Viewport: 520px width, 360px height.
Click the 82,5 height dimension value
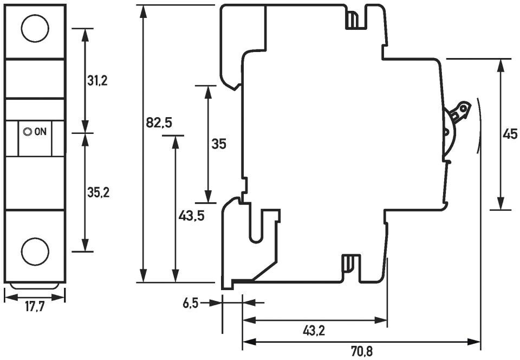pyautogui.click(x=159, y=123)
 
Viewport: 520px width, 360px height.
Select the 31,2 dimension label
pyautogui.click(x=97, y=81)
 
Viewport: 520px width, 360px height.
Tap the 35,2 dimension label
pyautogui.click(x=99, y=192)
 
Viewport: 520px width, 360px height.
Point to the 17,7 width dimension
pyautogui.click(x=35, y=307)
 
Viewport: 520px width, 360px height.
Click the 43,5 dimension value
pyautogui.click(x=191, y=216)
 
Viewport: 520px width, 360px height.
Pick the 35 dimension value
pyautogui.click(x=219, y=144)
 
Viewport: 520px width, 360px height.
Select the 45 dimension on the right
pyautogui.click(x=510, y=134)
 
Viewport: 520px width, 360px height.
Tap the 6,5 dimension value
pyautogui.click(x=190, y=303)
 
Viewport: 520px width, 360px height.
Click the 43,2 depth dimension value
pyautogui.click(x=314, y=330)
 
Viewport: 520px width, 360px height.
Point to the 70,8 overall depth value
pyautogui.click(x=361, y=352)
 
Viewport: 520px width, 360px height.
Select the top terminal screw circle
pyautogui.click(x=35, y=28)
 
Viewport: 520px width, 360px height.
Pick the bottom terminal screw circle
pyautogui.click(x=35, y=250)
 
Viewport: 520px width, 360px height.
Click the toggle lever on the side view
pyautogui.click(x=458, y=112)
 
